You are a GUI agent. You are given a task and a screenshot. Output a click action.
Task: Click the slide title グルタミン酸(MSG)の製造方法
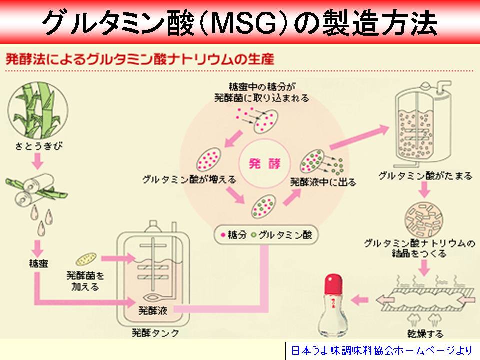click(240, 22)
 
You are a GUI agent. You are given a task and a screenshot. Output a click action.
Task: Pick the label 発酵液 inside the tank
click(153, 309)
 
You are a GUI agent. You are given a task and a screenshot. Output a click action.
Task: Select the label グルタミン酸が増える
click(189, 178)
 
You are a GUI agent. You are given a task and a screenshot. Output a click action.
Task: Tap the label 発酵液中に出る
click(323, 182)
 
